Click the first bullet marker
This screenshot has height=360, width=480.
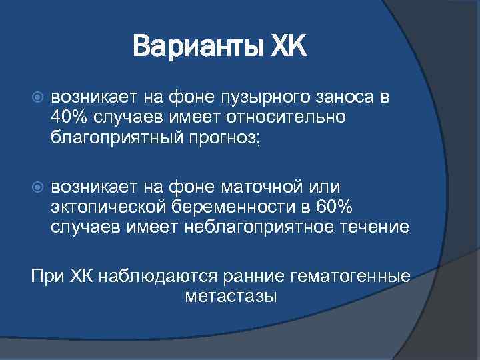tap(38, 97)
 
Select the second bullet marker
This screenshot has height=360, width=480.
tap(38, 183)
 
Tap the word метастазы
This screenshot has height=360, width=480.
tap(230, 296)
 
